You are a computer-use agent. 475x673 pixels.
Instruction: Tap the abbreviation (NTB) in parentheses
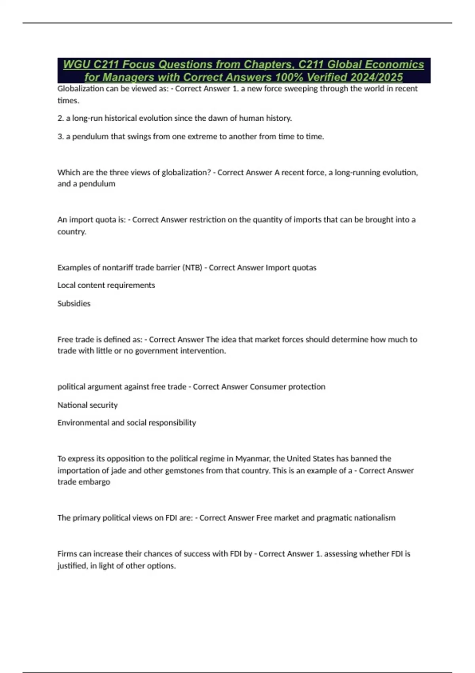192,268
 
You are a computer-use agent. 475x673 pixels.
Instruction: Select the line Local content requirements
106,285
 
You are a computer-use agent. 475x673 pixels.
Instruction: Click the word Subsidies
74,304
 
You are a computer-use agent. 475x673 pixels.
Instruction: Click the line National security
87,405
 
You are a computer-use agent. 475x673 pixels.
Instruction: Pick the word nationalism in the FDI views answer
374,518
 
